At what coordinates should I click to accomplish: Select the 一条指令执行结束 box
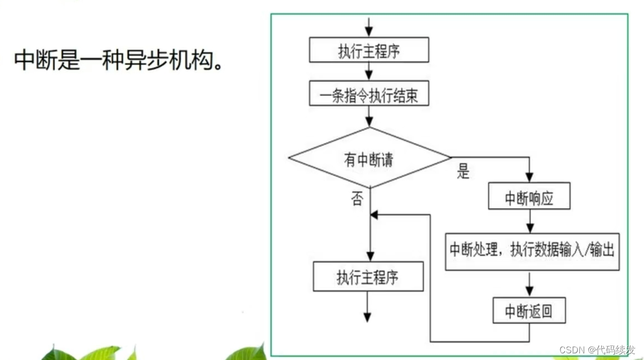point(368,96)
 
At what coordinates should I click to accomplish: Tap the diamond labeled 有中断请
point(368,160)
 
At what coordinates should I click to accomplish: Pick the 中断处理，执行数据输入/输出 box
point(532,251)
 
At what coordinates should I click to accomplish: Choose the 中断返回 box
point(529,310)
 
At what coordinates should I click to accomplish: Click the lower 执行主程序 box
point(368,277)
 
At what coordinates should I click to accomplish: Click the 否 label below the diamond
point(357,199)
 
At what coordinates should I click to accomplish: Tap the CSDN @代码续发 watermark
point(597,350)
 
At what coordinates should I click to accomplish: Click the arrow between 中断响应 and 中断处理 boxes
point(529,221)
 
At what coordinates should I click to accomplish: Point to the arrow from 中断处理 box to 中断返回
point(529,284)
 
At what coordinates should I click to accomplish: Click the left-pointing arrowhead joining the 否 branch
point(374,215)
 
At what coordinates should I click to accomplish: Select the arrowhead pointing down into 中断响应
point(529,177)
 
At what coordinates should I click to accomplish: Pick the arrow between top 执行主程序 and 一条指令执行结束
point(368,72)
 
